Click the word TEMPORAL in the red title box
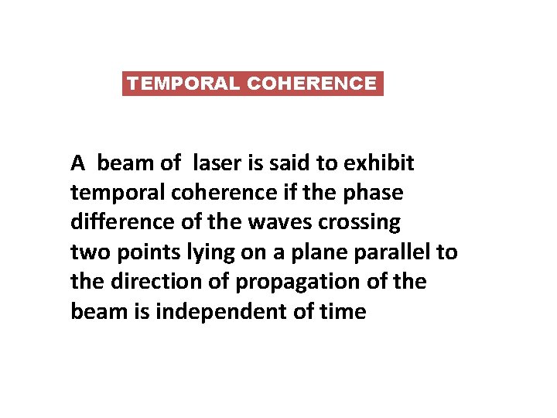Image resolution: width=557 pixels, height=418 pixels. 183,84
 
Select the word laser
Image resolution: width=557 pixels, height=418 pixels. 219,163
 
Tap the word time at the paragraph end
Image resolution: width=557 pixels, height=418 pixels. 342,311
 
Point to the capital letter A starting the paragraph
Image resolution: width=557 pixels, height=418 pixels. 77,163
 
